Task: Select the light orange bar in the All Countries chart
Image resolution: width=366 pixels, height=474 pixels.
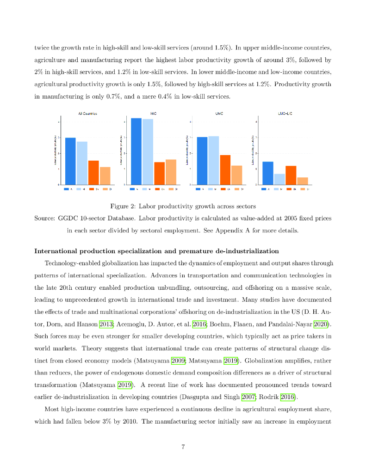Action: pyautogui.click(x=105, y=175)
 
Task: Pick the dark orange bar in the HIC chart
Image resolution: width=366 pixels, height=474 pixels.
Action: pyautogui.click(x=159, y=173)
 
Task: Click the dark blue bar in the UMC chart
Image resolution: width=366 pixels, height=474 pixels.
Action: pyautogui.click(x=202, y=161)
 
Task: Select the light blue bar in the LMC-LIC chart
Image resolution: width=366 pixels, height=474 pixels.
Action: pyautogui.click(x=279, y=179)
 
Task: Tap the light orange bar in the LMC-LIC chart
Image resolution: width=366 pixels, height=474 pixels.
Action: pyautogui.click(x=303, y=181)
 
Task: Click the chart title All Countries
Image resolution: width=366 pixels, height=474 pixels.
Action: pyautogui.click(x=87, y=113)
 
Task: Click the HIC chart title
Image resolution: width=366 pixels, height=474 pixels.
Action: pyautogui.click(x=154, y=113)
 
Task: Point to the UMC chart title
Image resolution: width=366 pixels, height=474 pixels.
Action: pyautogui.click(x=219, y=113)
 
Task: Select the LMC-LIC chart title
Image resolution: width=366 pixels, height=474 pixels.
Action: pyautogui.click(x=285, y=113)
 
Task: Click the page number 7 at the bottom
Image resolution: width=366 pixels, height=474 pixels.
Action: pyautogui.click(x=183, y=447)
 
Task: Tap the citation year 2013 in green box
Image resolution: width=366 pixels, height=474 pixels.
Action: pyautogui.click(x=106, y=324)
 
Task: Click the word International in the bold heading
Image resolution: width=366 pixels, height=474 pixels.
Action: pyautogui.click(x=56, y=251)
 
